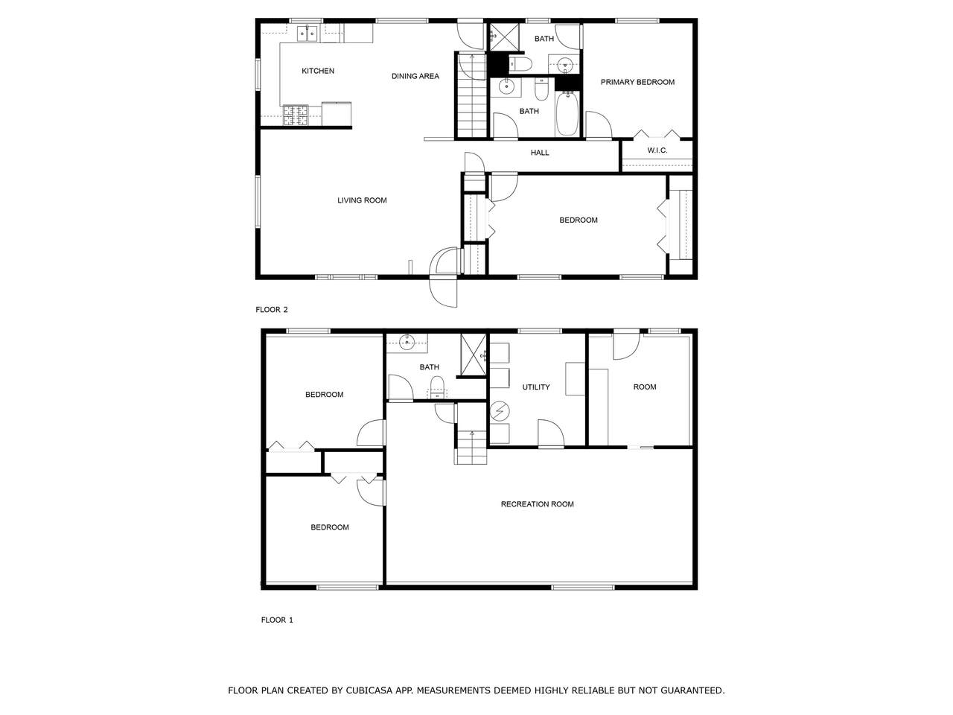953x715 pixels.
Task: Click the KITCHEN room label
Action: (318, 71)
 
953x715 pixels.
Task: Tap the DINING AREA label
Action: (415, 76)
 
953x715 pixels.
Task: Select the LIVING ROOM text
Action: (362, 200)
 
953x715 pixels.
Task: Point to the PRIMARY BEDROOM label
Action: (637, 82)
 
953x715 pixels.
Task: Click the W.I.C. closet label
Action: (657, 150)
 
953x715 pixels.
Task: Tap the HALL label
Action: (540, 153)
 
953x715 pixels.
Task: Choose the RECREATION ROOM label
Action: (537, 504)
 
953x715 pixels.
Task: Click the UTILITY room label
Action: (536, 387)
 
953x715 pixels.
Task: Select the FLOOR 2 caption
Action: (271, 310)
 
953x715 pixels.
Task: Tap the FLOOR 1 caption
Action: (277, 620)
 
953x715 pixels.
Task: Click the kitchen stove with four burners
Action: (296, 115)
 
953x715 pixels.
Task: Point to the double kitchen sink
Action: (307, 34)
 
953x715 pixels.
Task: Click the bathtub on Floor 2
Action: (567, 113)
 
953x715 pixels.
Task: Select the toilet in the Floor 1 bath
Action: (437, 388)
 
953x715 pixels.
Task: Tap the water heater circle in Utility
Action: (500, 410)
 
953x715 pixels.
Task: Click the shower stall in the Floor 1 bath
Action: (474, 355)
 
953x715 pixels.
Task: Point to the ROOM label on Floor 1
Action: (644, 387)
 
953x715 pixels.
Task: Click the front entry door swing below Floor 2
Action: (443, 292)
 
